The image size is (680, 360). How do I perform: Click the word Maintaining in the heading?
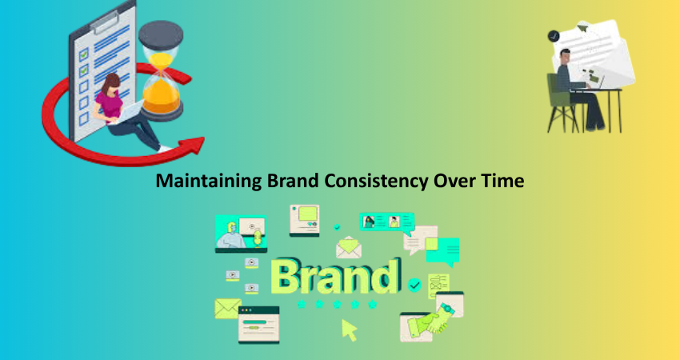pyautogui.click(x=209, y=181)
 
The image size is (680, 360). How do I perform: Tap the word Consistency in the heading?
pyautogui.click(x=377, y=182)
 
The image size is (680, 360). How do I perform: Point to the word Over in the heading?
pyautogui.click(x=454, y=181)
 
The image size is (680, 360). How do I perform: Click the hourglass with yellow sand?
pyautogui.click(x=161, y=70)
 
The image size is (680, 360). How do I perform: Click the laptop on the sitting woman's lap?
pyautogui.click(x=126, y=112)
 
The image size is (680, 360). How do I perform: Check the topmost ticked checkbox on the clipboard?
pyautogui.click(x=84, y=54)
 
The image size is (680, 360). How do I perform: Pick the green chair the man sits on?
pyautogui.click(x=560, y=102)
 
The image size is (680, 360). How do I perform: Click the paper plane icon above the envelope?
pyautogui.click(x=582, y=28)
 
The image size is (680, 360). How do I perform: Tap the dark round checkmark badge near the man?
pyautogui.click(x=554, y=36)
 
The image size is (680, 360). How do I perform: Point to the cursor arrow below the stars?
pyautogui.click(x=348, y=330)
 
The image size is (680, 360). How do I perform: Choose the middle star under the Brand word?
pyautogui.click(x=337, y=304)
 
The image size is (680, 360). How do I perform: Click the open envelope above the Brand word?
pyautogui.click(x=349, y=247)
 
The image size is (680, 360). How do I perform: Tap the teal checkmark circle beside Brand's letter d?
pyautogui.click(x=414, y=285)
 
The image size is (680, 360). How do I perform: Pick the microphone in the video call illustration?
pyautogui.click(x=258, y=238)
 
